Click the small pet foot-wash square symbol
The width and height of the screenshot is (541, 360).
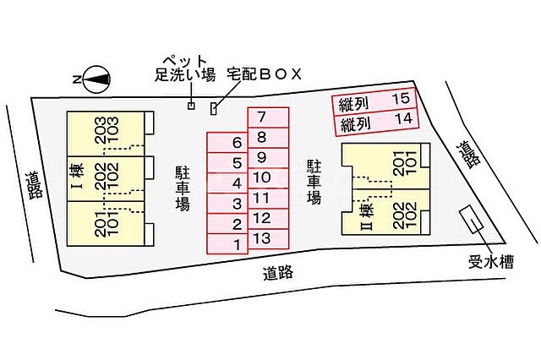pyautogui.click(x=191, y=106)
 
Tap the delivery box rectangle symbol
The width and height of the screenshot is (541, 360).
pyautogui.click(x=214, y=108)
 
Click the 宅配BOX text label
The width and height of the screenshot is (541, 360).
pyautogui.click(x=264, y=74)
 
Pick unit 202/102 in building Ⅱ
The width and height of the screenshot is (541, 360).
pyautogui.click(x=399, y=212)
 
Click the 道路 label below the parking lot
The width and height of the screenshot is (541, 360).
pyautogui.click(x=279, y=273)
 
